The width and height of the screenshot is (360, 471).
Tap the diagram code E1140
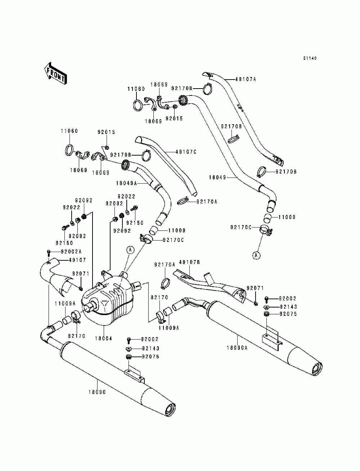click(x=310, y=58)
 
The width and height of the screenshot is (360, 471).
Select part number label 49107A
click(x=246, y=79)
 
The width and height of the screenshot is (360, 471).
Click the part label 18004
click(x=104, y=338)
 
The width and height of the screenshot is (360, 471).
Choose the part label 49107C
click(x=186, y=152)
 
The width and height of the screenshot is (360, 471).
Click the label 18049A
click(x=126, y=183)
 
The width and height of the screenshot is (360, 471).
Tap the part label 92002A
click(x=71, y=251)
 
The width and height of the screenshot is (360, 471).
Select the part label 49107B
click(x=189, y=262)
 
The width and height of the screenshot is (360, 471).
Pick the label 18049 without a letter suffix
click(x=217, y=178)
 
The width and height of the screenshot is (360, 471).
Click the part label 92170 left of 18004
click(x=77, y=336)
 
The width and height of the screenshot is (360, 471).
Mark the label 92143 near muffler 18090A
click(x=288, y=307)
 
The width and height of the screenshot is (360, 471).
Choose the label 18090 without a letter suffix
click(x=97, y=392)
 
